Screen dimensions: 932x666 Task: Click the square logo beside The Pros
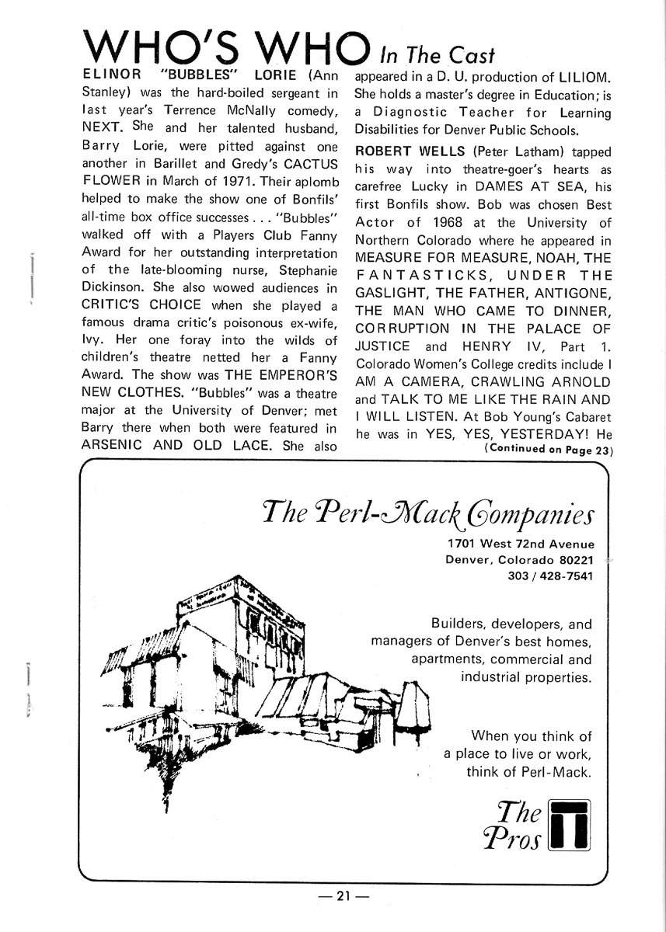coord(570,824)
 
